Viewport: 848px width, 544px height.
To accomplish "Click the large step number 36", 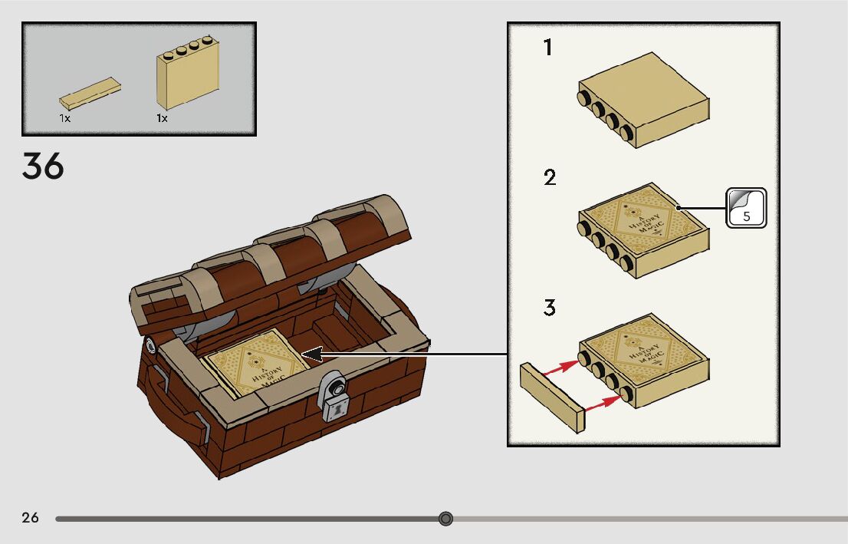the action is pos(43,166).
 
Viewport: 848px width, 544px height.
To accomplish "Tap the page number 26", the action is pos(30,518).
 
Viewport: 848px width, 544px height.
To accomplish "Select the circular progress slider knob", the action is pos(445,519).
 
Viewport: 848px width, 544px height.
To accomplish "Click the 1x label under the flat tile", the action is pos(65,119).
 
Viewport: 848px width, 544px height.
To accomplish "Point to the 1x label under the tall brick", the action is pos(162,119).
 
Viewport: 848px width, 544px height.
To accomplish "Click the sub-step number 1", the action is pos(547,48).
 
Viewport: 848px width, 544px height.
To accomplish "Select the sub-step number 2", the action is pos(549,178).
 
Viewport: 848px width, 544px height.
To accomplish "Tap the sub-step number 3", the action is pos(549,308).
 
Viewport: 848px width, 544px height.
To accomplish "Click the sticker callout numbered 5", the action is pos(746,208).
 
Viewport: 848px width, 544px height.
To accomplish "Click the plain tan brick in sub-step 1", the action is pos(643,100).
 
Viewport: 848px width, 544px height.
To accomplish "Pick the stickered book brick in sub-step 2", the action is pos(643,229).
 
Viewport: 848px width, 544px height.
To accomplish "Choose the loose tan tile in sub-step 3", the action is pos(552,397).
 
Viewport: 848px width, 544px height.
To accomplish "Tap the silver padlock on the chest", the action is pos(333,397).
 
